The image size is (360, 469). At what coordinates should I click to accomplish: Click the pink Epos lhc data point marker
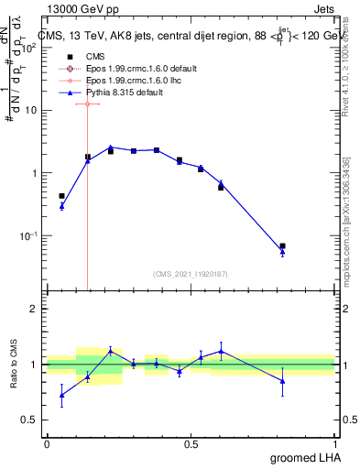click(x=87, y=104)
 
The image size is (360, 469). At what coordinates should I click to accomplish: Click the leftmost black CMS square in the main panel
click(x=61, y=196)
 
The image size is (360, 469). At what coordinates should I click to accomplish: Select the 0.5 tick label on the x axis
click(x=191, y=443)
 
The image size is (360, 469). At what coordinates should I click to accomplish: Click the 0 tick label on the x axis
click(x=47, y=443)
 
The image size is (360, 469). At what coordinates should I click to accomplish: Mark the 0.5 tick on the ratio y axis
click(x=29, y=420)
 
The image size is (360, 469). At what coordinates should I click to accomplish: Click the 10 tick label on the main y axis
click(x=30, y=111)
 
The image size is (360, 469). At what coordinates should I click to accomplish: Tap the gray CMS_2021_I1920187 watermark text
click(x=191, y=273)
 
